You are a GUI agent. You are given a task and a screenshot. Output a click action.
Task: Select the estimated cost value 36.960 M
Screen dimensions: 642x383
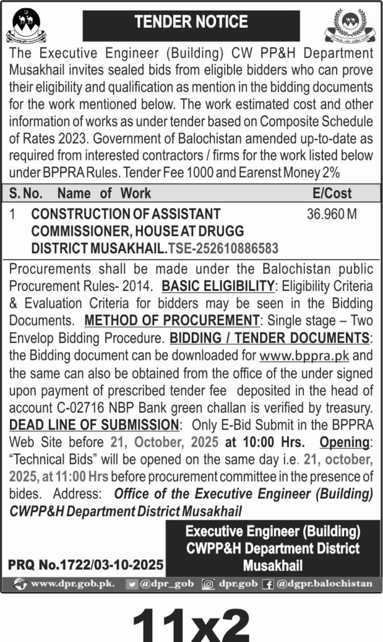click(332, 214)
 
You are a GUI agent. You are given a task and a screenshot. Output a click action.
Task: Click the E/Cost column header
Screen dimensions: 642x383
click(332, 194)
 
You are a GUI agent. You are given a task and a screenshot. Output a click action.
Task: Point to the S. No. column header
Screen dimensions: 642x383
click(26, 194)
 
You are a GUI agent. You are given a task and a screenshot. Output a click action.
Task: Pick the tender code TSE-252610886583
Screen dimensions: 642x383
click(224, 248)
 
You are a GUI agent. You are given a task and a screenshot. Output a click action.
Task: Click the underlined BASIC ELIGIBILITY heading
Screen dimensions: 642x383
click(218, 287)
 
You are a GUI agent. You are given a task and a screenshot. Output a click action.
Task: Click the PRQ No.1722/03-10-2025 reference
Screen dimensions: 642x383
click(85, 565)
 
